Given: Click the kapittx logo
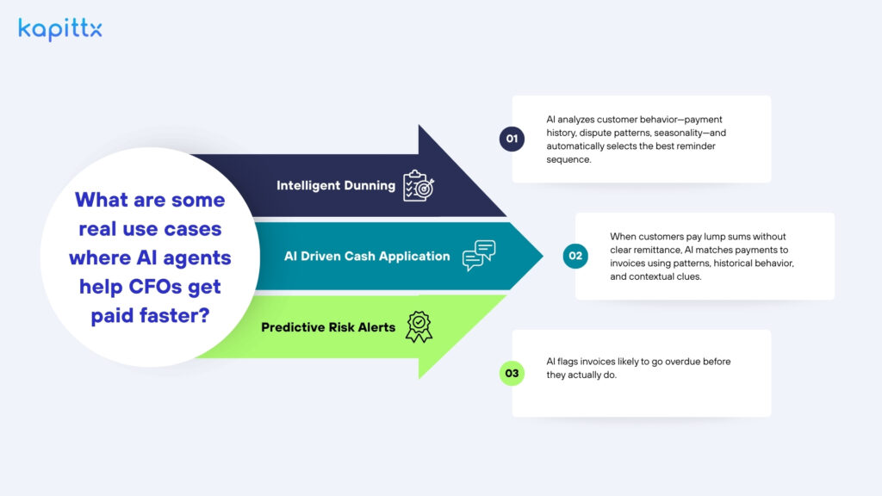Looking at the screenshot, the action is (x=60, y=29).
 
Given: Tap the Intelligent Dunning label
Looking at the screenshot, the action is (x=336, y=186).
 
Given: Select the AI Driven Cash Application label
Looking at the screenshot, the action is (x=367, y=257).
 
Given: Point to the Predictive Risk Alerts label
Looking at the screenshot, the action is (x=328, y=327).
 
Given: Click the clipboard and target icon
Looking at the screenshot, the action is (x=419, y=186).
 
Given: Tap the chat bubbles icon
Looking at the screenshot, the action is (x=479, y=255).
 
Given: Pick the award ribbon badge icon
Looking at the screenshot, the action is (x=419, y=326).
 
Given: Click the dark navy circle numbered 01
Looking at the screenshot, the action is (x=512, y=139).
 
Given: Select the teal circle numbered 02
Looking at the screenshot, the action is (x=575, y=256).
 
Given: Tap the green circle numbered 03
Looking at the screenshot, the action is (x=512, y=373).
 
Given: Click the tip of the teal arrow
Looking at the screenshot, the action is (x=543, y=256).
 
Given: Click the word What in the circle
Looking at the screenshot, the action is (x=96, y=200).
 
